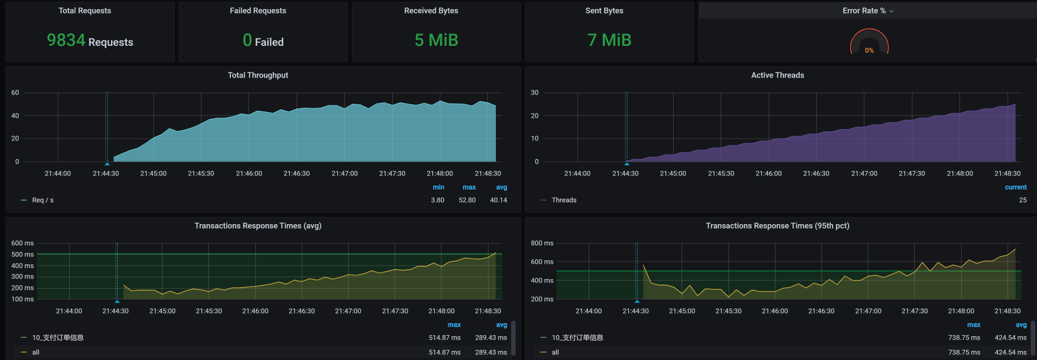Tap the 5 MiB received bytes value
point(436,40)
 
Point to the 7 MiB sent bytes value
point(609,40)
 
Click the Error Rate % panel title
point(864,11)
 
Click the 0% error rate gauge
point(869,44)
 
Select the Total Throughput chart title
point(258,75)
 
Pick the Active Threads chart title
point(777,75)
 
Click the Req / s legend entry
point(42,200)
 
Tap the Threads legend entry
point(564,200)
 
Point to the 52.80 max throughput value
point(467,200)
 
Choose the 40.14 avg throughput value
point(498,200)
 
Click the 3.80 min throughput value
point(438,200)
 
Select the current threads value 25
point(1022,200)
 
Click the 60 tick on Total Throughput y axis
point(15,93)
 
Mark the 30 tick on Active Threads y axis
point(534,93)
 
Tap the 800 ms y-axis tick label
point(542,243)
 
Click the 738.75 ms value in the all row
point(964,352)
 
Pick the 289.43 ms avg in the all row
point(491,352)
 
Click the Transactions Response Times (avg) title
point(258,226)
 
